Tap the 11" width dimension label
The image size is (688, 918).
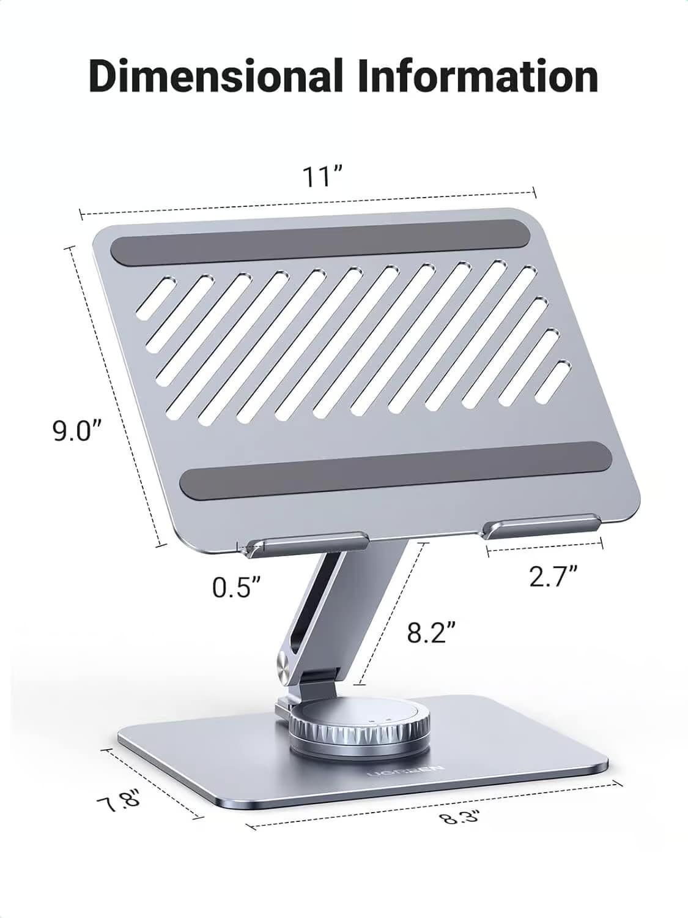point(321,177)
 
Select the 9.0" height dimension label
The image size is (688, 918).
point(76,431)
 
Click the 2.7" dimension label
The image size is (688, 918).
point(553,577)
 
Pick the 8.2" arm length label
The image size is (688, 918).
point(432,633)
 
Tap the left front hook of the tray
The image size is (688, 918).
point(306,544)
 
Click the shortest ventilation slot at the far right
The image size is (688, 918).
point(553,381)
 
